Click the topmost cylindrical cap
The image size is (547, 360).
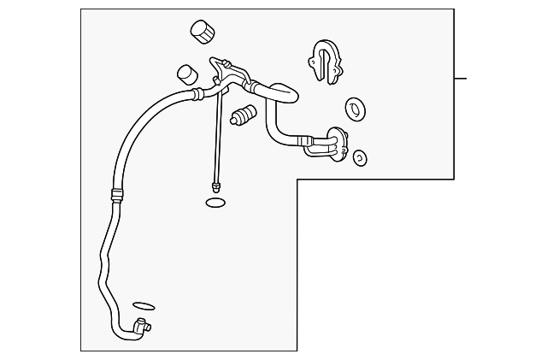coord(203,32)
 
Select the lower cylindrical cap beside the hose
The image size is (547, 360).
coord(186,74)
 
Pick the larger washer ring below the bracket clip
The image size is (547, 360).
coord(355,109)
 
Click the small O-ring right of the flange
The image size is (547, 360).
coord(360,157)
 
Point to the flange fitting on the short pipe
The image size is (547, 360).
coord(338,146)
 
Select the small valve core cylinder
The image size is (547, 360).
coord(244,115)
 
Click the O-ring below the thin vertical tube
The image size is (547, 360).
coord(216,203)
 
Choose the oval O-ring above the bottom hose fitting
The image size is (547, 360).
coord(144,304)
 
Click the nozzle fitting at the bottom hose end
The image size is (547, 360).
coord(142,325)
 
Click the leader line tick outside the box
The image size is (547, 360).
coord(461,79)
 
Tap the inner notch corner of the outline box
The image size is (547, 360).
coord(297,179)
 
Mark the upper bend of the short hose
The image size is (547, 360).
coord(278,90)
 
